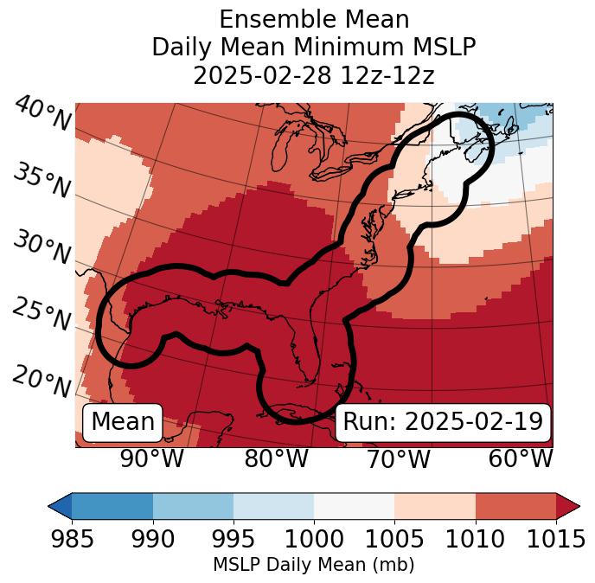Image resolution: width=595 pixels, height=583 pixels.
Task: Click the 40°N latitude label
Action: tap(42, 114)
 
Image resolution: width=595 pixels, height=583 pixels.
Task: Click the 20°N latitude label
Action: tap(42, 381)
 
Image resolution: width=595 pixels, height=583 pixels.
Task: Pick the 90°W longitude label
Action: tap(151, 458)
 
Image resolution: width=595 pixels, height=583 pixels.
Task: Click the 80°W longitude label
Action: tap(276, 458)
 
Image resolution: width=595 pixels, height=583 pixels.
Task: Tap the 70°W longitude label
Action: tap(399, 458)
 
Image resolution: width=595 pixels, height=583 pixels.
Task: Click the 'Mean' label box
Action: tap(123, 422)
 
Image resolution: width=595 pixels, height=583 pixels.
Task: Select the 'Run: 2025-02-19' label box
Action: tap(443, 422)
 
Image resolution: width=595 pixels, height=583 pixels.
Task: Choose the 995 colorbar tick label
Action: tap(233, 540)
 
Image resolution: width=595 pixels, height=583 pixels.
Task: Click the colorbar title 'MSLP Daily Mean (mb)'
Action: tap(313, 566)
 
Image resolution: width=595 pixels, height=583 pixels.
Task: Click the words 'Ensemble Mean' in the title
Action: tap(313, 19)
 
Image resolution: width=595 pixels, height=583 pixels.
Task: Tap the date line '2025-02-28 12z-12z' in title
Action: tap(313, 75)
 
